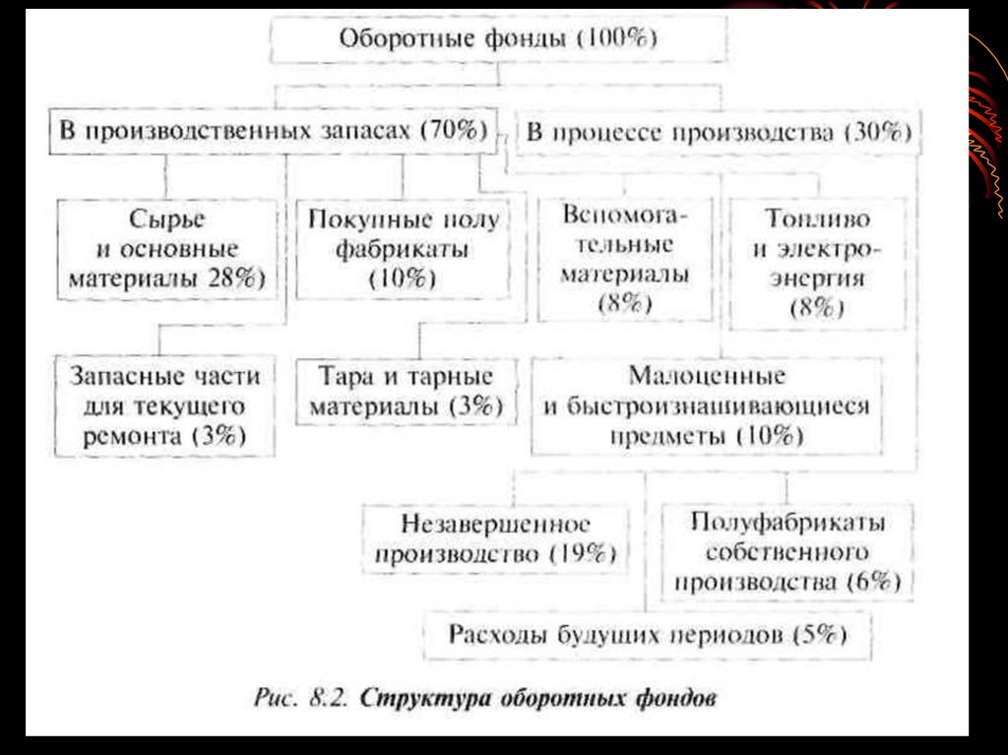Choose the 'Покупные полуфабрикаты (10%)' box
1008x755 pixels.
click(403, 248)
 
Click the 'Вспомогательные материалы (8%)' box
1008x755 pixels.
click(625, 259)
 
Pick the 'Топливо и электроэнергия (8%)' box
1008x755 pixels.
click(817, 263)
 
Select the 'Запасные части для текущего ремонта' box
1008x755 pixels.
click(164, 406)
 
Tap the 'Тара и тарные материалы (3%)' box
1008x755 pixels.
click(406, 391)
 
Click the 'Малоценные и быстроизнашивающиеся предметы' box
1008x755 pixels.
click(706, 406)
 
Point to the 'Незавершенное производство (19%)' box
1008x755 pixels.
click(495, 537)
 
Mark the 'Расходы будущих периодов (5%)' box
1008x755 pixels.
click(648, 634)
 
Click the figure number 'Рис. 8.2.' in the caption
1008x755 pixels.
click(296, 698)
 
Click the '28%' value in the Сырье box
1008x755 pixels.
click(232, 278)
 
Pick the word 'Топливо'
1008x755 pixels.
click(817, 218)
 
